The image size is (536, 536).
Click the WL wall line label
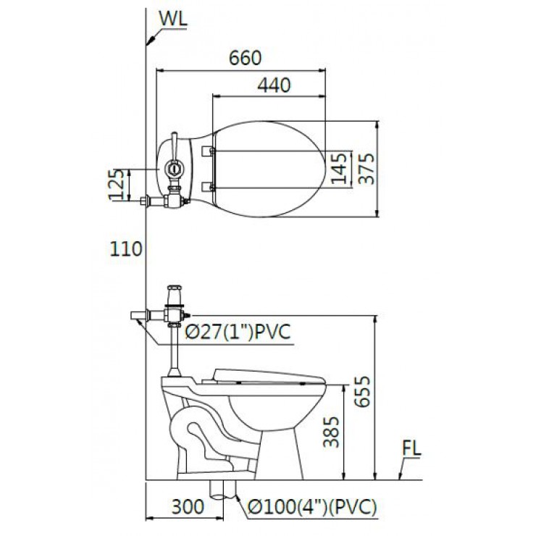pyautogui.click(x=172, y=20)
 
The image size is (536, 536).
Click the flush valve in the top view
pyautogui.click(x=173, y=167)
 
